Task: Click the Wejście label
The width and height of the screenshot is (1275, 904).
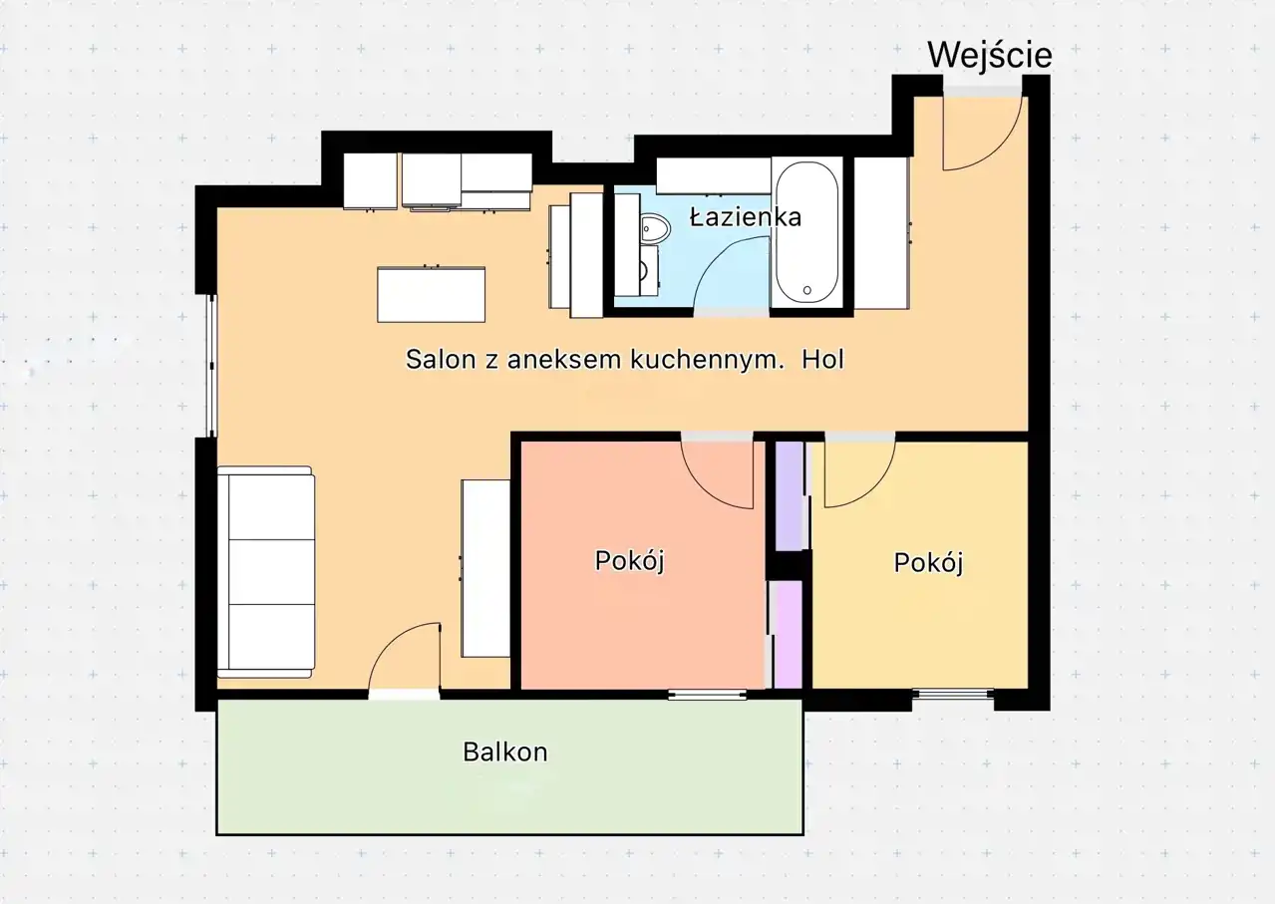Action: point(990,55)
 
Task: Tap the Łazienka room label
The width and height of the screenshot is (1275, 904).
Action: point(746,217)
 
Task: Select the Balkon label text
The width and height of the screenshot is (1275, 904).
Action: point(504,753)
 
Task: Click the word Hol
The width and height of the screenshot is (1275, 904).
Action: point(822,360)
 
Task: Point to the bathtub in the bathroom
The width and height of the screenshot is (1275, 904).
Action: point(807,233)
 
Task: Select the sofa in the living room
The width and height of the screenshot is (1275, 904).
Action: point(266,572)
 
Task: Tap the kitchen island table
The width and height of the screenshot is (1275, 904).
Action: point(431,295)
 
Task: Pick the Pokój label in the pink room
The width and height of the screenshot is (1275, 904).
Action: point(630,561)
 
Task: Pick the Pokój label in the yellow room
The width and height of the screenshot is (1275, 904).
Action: point(928,563)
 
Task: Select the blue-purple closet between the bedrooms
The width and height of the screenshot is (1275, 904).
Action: point(791,495)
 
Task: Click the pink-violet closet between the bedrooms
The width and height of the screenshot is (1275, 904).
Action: point(788,634)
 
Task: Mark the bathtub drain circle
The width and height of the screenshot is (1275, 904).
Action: point(807,290)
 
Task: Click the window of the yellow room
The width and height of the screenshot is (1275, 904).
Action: point(953,694)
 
